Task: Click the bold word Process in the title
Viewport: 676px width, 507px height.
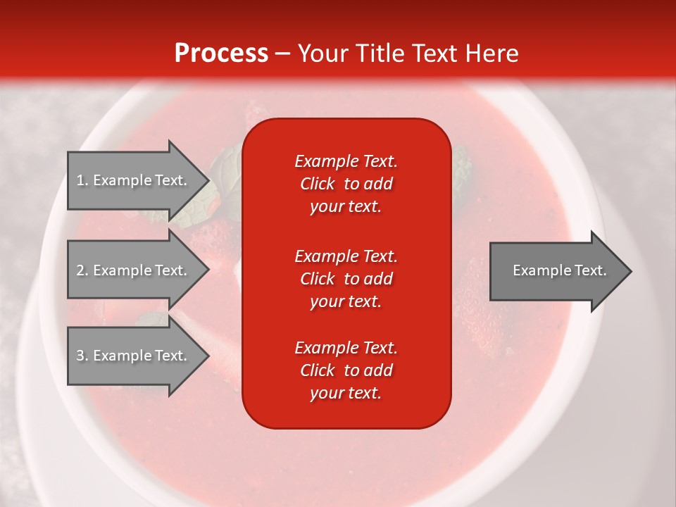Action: point(221,53)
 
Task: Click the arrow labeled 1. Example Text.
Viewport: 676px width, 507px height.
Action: point(139,180)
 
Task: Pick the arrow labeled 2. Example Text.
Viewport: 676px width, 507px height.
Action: point(139,270)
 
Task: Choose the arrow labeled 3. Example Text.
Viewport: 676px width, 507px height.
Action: point(139,356)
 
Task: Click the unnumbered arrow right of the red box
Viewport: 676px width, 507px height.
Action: point(561,271)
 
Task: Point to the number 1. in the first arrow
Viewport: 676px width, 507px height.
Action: point(82,180)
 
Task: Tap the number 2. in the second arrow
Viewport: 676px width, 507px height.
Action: point(82,270)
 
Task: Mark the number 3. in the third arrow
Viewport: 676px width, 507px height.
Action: point(82,356)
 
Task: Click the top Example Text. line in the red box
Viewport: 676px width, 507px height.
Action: point(346,161)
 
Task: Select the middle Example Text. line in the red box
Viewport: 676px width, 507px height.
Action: point(346,256)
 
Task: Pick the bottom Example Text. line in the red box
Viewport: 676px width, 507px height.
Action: point(346,348)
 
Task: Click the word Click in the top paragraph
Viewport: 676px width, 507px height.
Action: point(318,184)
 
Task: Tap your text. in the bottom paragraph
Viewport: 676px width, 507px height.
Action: point(346,393)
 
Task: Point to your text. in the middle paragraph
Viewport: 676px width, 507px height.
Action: point(346,302)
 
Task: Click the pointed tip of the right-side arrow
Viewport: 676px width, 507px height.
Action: point(632,271)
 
